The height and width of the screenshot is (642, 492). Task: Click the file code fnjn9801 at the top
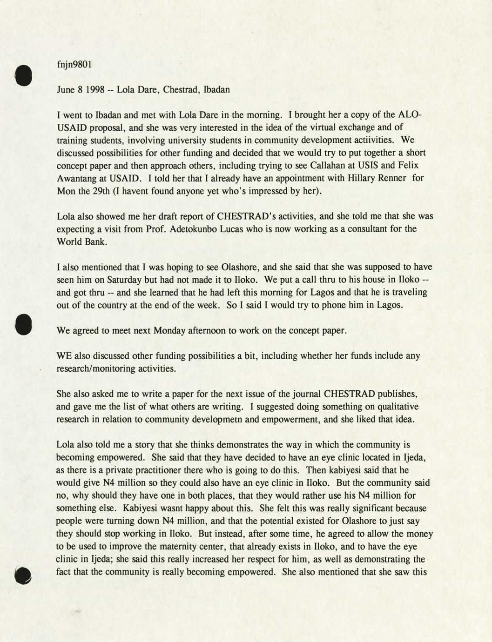click(74, 64)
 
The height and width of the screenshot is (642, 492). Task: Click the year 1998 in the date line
click(94, 89)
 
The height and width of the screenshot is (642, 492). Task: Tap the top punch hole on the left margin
click(23, 75)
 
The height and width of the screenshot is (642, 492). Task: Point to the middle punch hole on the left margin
click(23, 324)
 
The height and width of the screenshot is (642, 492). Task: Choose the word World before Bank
click(70, 241)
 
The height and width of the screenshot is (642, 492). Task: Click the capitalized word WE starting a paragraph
click(64, 356)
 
